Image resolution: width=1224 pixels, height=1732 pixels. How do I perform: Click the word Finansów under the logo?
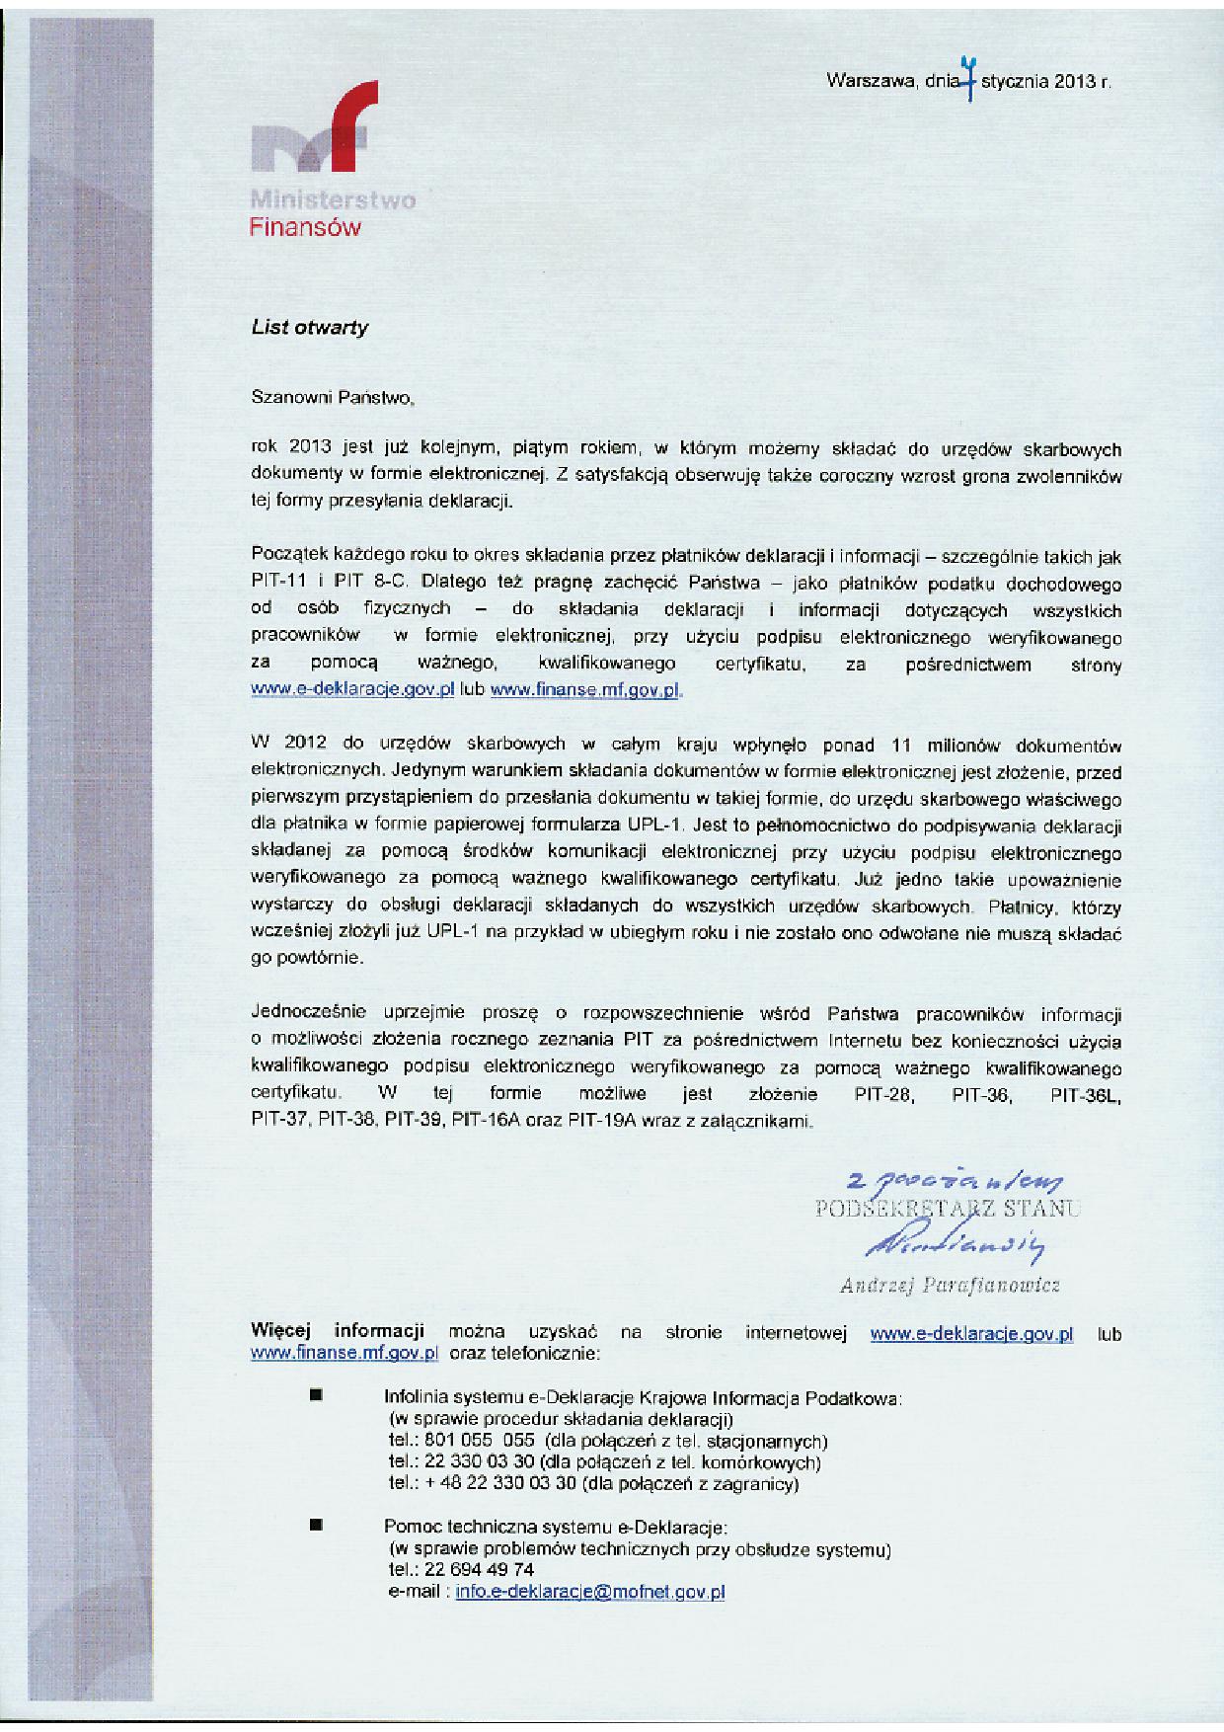point(304,228)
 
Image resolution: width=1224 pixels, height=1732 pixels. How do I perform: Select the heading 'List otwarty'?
point(309,328)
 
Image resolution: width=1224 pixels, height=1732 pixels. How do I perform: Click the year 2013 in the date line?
point(1075,82)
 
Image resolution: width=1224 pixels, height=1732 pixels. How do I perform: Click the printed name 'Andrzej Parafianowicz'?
point(949,1285)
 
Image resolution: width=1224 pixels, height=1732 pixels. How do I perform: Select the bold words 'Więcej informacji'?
point(338,1330)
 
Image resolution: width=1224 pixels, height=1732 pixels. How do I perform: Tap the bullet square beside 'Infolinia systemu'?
point(316,1396)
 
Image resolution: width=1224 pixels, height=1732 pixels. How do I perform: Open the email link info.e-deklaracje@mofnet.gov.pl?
point(590,1592)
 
